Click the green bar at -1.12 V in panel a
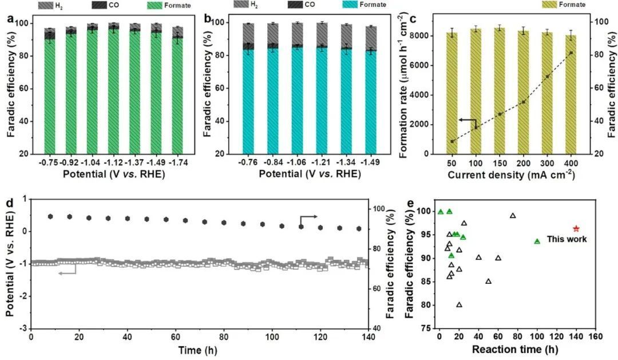coord(114,92)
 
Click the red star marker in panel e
coord(576,229)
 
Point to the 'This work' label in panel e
coord(566,239)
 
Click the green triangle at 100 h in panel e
coord(537,241)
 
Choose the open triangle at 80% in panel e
coord(459,304)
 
